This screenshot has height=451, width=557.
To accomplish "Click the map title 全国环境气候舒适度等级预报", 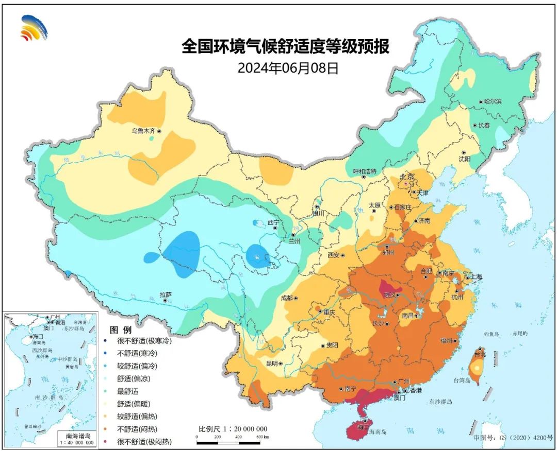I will [285, 47].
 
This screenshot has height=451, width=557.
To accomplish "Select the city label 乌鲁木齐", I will [143, 131].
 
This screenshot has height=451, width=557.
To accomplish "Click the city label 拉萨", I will [165, 295].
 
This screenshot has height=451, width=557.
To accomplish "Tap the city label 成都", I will [286, 298].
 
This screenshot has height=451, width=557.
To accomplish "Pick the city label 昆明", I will [272, 363].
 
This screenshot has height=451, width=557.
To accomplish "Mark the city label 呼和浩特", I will [365, 171].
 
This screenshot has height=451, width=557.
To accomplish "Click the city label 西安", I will [334, 255].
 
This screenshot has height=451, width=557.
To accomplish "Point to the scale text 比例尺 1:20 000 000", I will [233, 429].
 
